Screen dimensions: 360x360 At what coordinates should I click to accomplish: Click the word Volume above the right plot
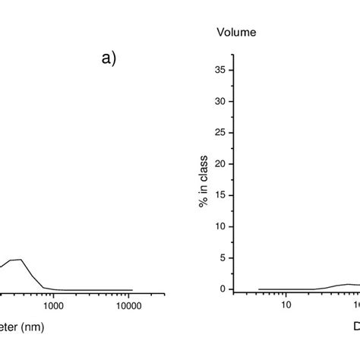236,32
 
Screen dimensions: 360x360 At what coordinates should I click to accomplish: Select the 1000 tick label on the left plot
53,306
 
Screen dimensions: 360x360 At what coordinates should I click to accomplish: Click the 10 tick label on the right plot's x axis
286,306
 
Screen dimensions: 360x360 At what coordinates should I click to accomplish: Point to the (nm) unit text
39,328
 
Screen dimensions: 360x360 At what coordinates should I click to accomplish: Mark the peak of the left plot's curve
21,260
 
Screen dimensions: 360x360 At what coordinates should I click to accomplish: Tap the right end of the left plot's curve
133,290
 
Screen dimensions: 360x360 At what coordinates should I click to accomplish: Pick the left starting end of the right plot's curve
259,289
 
